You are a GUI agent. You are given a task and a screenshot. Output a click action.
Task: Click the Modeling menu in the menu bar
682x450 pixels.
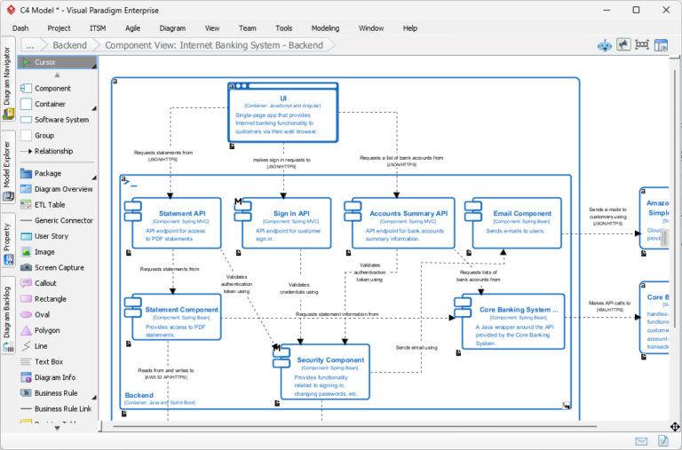(325, 28)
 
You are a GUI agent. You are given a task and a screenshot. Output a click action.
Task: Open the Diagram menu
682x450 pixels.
(172, 28)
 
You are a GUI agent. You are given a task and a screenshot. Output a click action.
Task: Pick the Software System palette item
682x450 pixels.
(61, 120)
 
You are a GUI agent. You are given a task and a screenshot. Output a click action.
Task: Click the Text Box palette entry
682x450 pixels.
(49, 362)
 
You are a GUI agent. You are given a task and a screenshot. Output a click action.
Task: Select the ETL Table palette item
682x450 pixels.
(50, 205)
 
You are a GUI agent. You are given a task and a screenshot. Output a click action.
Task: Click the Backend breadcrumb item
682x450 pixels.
(69, 44)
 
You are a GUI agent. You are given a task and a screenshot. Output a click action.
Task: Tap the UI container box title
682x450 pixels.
(283, 98)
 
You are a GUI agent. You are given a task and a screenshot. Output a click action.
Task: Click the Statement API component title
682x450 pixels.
(182, 213)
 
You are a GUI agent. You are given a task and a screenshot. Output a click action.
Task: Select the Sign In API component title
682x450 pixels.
(291, 213)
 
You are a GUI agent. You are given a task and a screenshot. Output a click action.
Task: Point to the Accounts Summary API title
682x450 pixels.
(408, 213)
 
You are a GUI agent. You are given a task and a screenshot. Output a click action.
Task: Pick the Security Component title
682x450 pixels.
(330, 360)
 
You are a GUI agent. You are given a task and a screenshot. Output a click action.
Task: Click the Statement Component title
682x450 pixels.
(181, 310)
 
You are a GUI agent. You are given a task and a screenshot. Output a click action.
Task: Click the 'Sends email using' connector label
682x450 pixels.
(416, 347)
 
